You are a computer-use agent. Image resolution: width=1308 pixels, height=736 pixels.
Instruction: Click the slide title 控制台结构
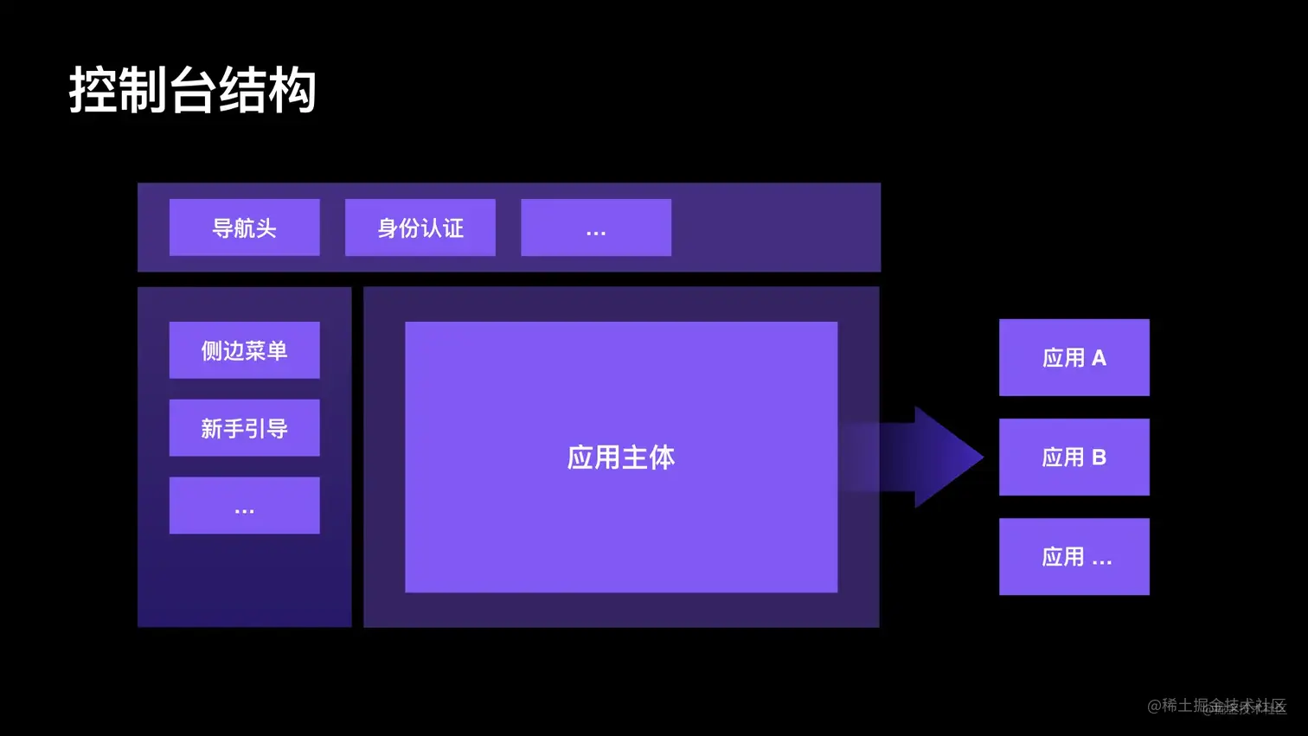click(x=192, y=90)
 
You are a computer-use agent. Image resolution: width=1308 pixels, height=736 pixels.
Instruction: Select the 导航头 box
click(x=244, y=227)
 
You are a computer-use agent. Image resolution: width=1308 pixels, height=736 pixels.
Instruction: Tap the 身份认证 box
click(x=420, y=227)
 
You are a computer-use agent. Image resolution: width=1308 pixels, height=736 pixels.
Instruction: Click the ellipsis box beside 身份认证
click(x=596, y=227)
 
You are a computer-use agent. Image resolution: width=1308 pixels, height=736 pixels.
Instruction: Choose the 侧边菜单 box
click(x=244, y=350)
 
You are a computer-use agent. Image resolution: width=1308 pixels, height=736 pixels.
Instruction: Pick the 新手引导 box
click(x=244, y=428)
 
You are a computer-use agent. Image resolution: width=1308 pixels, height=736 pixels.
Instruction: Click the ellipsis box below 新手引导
click(x=244, y=505)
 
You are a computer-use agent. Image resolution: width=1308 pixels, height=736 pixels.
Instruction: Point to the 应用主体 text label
click(x=620, y=458)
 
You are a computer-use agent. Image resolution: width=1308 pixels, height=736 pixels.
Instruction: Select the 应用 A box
click(x=1074, y=357)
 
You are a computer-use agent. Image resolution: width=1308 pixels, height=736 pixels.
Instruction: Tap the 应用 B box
click(x=1074, y=457)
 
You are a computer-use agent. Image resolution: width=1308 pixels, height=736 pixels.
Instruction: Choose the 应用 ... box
click(x=1074, y=556)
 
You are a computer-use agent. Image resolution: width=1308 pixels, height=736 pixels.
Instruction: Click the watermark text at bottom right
click(x=1216, y=707)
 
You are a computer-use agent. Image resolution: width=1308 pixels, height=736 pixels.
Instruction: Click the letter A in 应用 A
click(x=1099, y=358)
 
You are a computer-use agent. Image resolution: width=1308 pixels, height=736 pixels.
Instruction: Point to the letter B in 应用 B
click(x=1099, y=458)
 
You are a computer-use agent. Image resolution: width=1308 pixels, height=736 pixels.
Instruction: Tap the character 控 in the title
click(x=93, y=90)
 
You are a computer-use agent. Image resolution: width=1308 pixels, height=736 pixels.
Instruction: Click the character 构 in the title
click(x=292, y=90)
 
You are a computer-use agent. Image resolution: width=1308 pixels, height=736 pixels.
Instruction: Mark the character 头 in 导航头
click(x=266, y=228)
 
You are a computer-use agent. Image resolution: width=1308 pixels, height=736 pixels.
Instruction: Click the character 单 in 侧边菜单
click(x=277, y=350)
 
